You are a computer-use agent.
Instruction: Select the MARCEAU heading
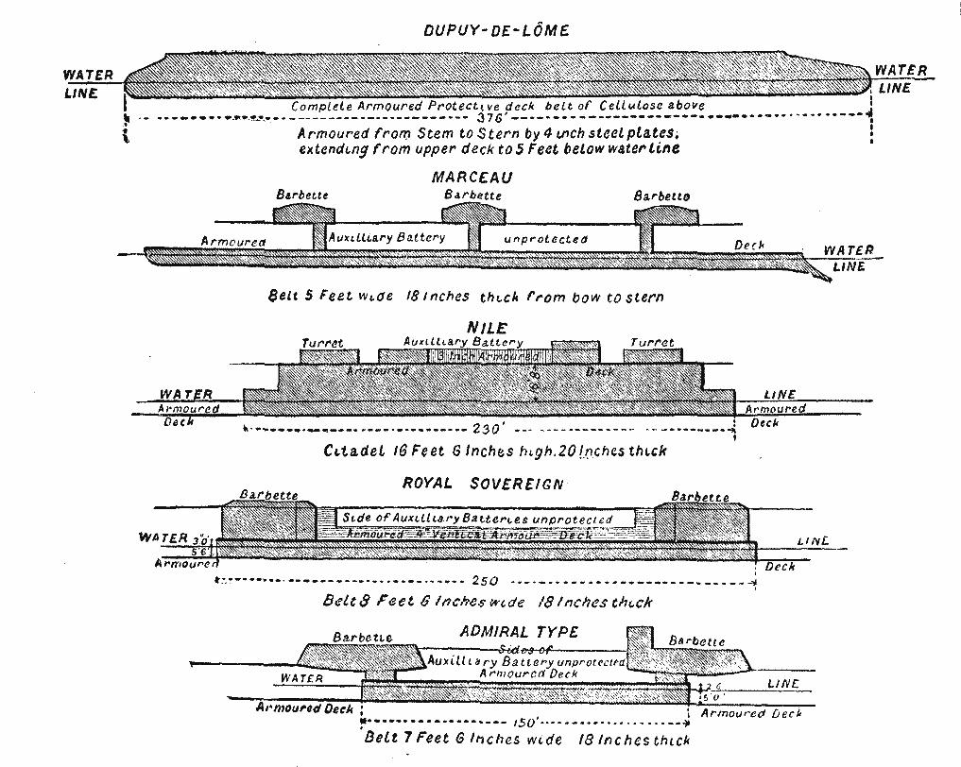(472, 178)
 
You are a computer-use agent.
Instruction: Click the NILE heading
(488, 328)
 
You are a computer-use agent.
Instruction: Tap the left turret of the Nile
(321, 356)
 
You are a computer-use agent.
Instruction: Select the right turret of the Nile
(652, 355)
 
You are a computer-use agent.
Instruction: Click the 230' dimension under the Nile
(488, 428)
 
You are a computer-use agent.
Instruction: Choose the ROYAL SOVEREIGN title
(483, 485)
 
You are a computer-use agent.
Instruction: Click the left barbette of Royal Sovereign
(268, 520)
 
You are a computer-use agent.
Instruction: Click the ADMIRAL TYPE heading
(518, 631)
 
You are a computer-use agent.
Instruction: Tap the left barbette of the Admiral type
(362, 655)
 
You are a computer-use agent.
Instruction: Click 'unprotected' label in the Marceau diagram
(545, 239)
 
